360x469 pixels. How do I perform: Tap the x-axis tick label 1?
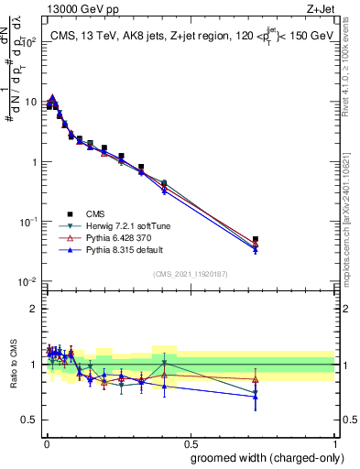tap(336, 442)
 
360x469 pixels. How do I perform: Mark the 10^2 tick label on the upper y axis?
tap(29, 42)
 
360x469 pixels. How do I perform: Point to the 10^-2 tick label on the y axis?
tap(29, 281)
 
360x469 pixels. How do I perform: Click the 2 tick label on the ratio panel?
tap(34, 309)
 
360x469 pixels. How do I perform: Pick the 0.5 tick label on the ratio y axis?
tap(30, 420)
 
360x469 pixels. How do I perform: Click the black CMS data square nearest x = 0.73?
tap(256, 239)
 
